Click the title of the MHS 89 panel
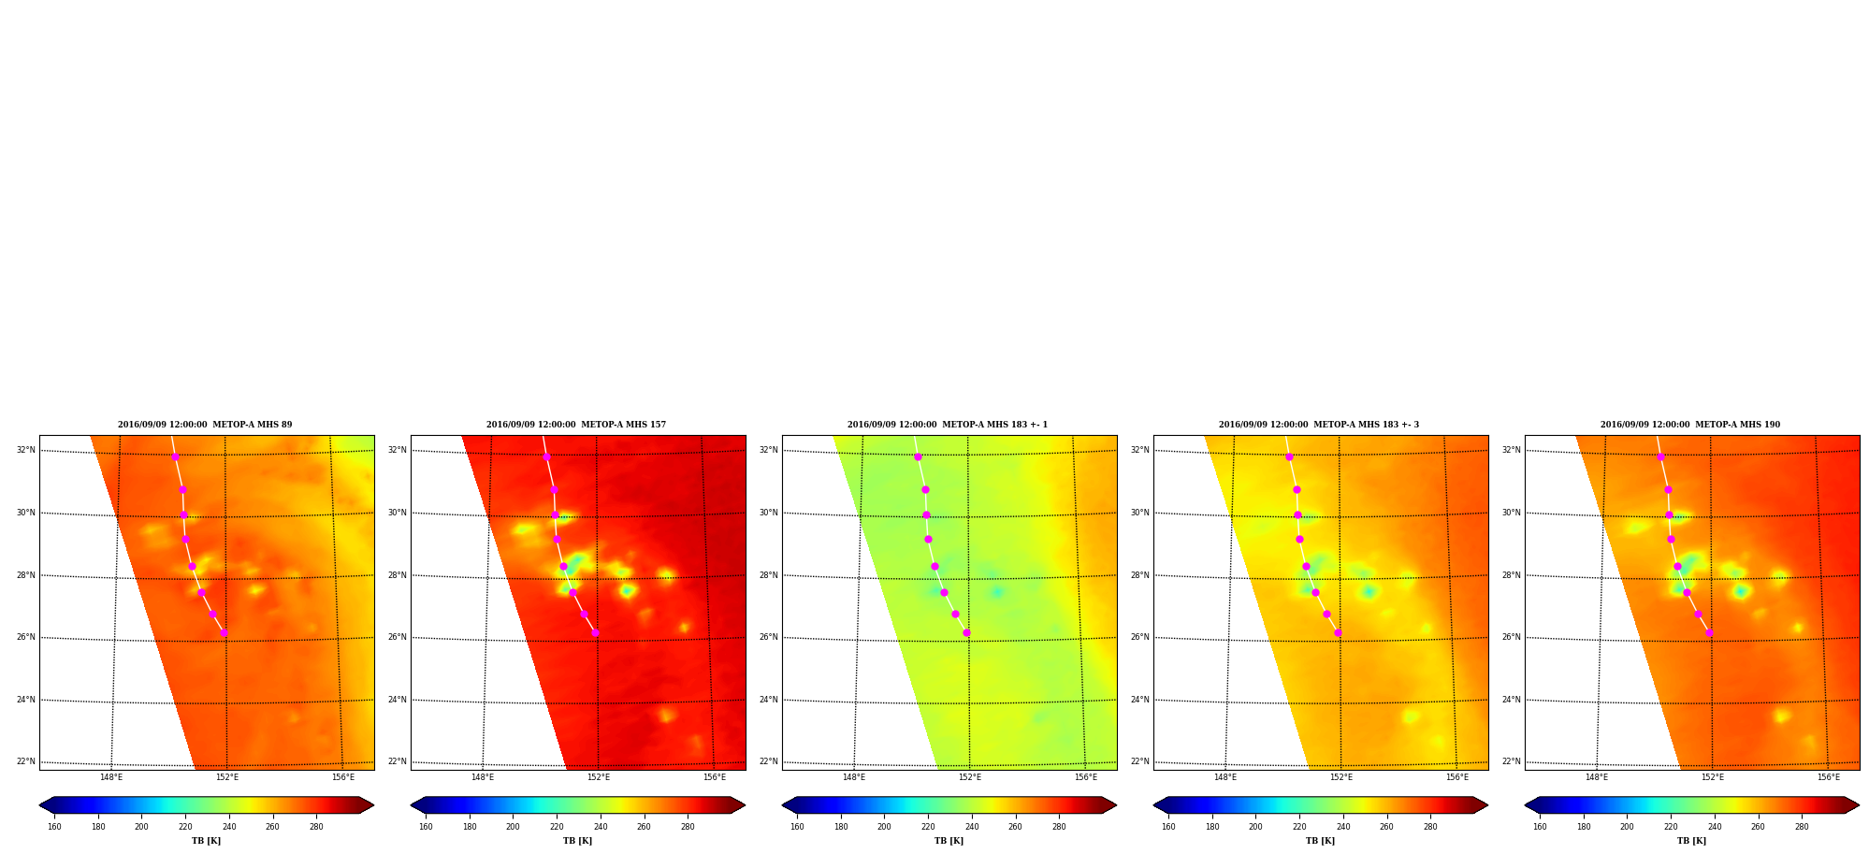(x=205, y=425)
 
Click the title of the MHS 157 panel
(x=576, y=425)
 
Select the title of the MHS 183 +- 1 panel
(x=948, y=425)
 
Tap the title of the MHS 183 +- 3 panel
(x=1319, y=425)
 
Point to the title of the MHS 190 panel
(x=1690, y=425)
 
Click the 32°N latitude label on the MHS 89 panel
(x=25, y=450)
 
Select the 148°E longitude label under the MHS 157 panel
(x=483, y=777)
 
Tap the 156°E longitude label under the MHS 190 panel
(x=1829, y=777)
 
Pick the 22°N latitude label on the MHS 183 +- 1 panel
(x=768, y=761)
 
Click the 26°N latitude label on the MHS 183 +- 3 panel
(x=1139, y=637)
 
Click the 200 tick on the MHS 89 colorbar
(x=141, y=827)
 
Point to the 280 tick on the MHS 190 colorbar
(x=1802, y=827)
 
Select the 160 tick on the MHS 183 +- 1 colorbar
(x=797, y=827)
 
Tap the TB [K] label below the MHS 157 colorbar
(x=577, y=841)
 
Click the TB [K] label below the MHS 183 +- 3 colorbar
(x=1320, y=841)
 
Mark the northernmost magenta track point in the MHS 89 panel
(x=175, y=456)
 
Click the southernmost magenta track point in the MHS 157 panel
(x=595, y=633)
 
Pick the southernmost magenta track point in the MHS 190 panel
(x=1709, y=633)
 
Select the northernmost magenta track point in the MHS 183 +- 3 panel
(x=1289, y=456)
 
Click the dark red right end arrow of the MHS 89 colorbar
(x=367, y=805)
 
